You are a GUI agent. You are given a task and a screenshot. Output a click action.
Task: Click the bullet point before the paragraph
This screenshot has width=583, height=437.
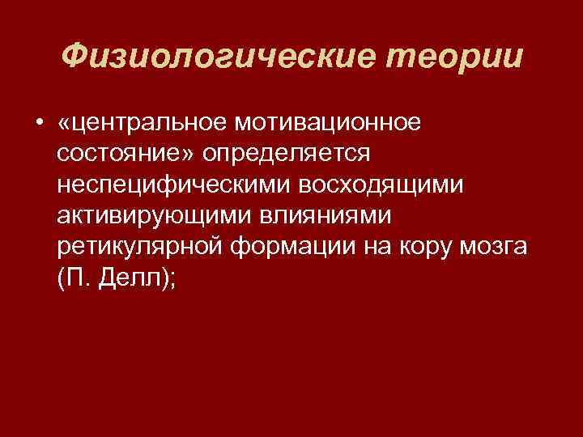tap(39, 123)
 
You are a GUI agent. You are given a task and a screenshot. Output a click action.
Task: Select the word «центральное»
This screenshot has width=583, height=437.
tap(150, 123)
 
